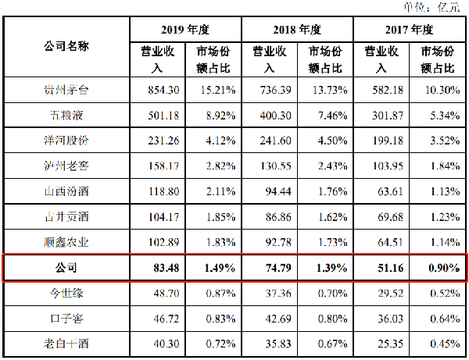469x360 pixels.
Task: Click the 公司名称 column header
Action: coord(66,46)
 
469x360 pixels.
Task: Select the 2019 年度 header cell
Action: coord(185,30)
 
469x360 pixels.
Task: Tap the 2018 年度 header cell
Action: coord(297,30)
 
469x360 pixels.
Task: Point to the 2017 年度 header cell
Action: coord(409,30)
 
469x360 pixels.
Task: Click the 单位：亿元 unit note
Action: coord(432,7)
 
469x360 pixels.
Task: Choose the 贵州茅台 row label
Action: coord(66,90)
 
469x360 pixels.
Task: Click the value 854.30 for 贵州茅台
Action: coord(163,90)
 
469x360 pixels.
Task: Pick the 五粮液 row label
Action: coord(66,116)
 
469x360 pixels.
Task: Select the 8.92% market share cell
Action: coord(220,116)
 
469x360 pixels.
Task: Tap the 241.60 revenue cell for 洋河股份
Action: coord(275,141)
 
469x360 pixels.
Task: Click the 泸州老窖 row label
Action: coord(66,166)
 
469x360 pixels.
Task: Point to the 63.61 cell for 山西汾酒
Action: coord(390,191)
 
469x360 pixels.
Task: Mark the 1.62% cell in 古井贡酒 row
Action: coord(333,217)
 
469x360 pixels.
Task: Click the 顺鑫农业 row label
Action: coord(66,242)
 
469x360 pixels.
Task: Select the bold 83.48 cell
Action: coord(166,268)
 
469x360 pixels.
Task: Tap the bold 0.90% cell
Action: coord(444,268)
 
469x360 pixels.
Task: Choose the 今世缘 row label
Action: coord(66,293)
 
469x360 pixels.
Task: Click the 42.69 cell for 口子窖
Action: coord(278,319)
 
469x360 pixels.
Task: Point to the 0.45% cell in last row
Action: coord(445,344)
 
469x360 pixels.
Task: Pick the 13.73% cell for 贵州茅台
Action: coord(330,90)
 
